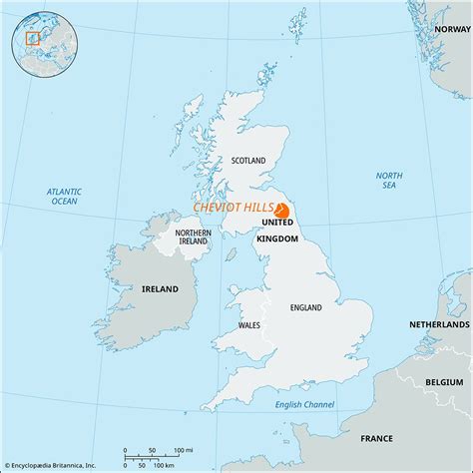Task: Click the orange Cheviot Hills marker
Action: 281,211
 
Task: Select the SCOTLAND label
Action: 248,160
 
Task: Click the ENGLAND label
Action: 304,308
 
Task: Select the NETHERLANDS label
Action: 439,325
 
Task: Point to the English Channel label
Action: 305,403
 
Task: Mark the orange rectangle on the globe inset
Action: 30,39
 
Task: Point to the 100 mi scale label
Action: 184,451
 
